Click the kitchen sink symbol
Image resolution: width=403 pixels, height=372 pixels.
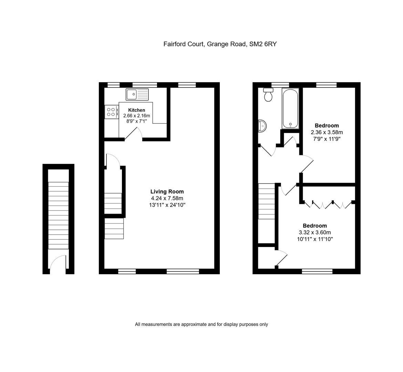(137, 94)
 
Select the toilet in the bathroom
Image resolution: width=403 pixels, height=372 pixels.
(268, 95)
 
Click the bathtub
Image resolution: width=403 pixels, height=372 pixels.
(290, 108)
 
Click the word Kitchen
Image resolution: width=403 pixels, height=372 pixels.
(136, 110)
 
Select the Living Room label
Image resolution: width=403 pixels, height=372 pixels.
(167, 192)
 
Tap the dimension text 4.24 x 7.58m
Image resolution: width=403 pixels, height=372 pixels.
(167, 198)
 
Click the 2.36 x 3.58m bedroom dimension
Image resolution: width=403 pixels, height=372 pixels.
(327, 132)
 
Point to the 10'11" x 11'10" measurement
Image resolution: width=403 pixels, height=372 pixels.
(315, 239)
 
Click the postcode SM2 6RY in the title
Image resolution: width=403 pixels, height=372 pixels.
(263, 44)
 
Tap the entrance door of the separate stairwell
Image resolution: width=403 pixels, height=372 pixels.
(58, 262)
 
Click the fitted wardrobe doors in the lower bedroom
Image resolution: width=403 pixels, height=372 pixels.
(328, 204)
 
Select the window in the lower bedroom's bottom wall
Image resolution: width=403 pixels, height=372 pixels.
(317, 271)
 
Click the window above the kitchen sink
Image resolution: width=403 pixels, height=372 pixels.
(145, 85)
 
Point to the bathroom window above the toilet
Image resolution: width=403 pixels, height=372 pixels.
(280, 85)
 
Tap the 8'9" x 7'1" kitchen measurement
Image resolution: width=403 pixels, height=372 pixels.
(136, 121)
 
